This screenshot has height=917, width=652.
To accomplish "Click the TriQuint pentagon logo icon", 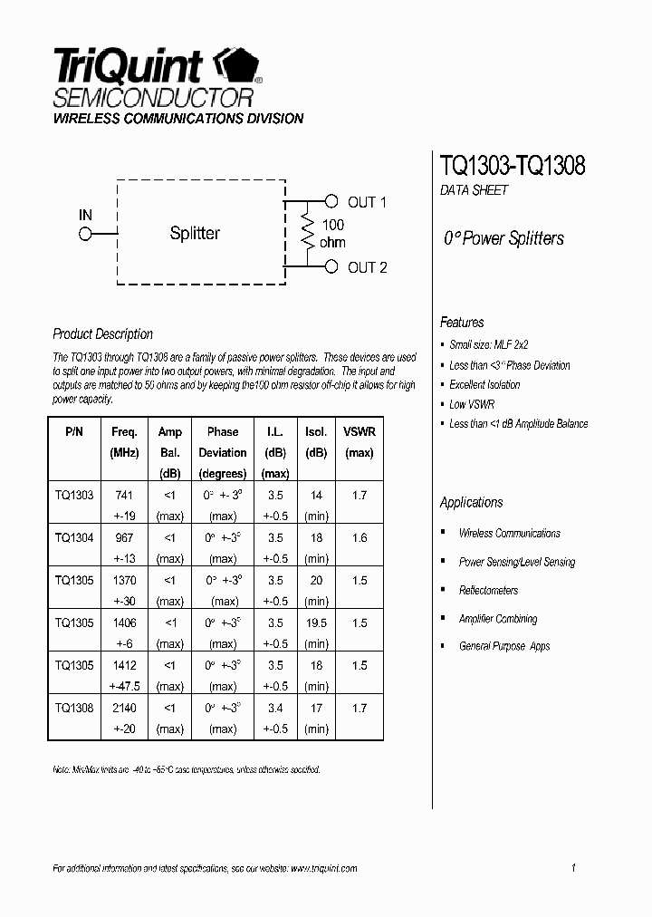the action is coord(235,68).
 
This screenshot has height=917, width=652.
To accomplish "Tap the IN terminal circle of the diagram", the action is coord(86,234).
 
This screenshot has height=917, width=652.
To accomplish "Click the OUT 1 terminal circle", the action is coord(331,201).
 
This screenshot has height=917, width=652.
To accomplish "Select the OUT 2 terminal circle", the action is coord(331,266).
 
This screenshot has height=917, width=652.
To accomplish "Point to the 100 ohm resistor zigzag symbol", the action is coord(308,234).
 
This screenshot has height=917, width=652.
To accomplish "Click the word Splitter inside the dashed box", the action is coord(195,234).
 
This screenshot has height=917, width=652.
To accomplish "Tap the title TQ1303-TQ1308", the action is coord(513,166).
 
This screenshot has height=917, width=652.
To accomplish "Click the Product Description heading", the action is coord(103,333).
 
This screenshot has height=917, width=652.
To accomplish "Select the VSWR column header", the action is coord(360,431).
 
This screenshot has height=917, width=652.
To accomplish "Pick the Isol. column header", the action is coord(316,431).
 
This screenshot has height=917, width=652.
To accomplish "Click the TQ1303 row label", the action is coord(74,496).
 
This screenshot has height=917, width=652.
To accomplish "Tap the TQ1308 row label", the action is coord(74,708).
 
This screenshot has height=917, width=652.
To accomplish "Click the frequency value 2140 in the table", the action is coord(124,708).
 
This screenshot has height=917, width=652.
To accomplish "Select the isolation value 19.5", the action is coord(316,623).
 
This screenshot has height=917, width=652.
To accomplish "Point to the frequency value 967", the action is coord(124,538).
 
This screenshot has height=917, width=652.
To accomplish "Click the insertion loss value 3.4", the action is coord(275,708).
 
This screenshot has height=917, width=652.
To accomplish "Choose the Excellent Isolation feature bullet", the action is coord(484,385).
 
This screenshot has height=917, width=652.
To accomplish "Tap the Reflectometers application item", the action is coord(488,591).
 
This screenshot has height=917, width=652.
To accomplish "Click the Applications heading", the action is coord(471,503).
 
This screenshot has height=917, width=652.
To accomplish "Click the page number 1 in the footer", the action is coord(574,868).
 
